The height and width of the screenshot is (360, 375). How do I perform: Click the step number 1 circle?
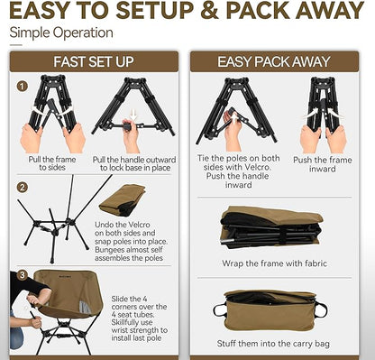[x=22, y=87]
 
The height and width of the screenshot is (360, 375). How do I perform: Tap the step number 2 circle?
[x=22, y=188]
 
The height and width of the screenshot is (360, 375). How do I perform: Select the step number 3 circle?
[x=22, y=274]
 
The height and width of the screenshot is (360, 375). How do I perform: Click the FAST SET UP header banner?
[x=94, y=61]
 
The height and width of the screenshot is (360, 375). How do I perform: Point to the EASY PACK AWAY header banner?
[x=274, y=61]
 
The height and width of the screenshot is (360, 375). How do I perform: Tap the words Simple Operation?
[x=61, y=32]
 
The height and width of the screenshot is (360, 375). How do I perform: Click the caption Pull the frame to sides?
[x=52, y=163]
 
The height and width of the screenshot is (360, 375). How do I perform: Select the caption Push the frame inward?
[x=323, y=164]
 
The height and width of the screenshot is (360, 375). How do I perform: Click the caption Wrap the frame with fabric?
[x=274, y=263]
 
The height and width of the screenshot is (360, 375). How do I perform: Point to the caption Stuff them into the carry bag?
[x=273, y=344]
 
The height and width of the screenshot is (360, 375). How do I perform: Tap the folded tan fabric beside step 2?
[x=123, y=200]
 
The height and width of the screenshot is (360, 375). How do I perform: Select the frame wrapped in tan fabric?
[x=271, y=227]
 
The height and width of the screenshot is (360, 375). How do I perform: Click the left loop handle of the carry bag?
[x=219, y=310]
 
